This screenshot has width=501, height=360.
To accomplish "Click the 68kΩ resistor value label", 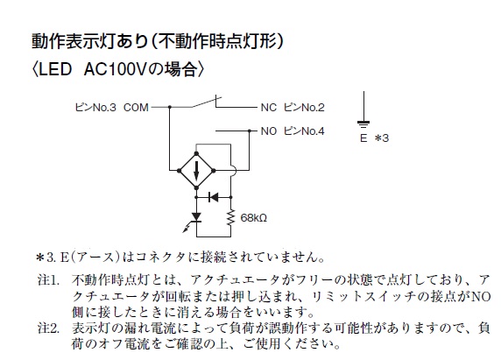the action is pos(253,218).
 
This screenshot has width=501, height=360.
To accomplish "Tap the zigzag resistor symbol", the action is pos(230,217).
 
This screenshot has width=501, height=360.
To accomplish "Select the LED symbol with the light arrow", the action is pos(194,220).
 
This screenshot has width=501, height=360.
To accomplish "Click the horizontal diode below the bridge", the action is pos(214,197).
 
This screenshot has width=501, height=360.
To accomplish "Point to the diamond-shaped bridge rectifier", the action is pos(196,171).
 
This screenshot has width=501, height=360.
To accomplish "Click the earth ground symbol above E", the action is pos(363,109).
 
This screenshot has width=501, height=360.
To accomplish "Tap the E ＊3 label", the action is pos(374,138).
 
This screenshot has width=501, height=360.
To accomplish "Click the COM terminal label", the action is pos(136,108).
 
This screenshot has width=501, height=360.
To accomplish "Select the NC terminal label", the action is pos(268,108).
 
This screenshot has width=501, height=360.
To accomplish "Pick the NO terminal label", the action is pos(268,131).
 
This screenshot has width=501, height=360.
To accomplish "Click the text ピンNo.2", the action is pos(304,108).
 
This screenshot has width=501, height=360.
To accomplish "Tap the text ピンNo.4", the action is pos(304,131).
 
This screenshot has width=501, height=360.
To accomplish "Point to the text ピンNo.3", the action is pos(95,108).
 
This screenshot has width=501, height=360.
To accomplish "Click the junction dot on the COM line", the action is pos(170,107).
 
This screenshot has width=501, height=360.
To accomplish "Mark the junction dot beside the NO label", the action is pos(250,131).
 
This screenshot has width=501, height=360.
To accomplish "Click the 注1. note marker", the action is pos(48,280).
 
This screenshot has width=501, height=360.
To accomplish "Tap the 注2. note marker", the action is pos(48,328).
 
